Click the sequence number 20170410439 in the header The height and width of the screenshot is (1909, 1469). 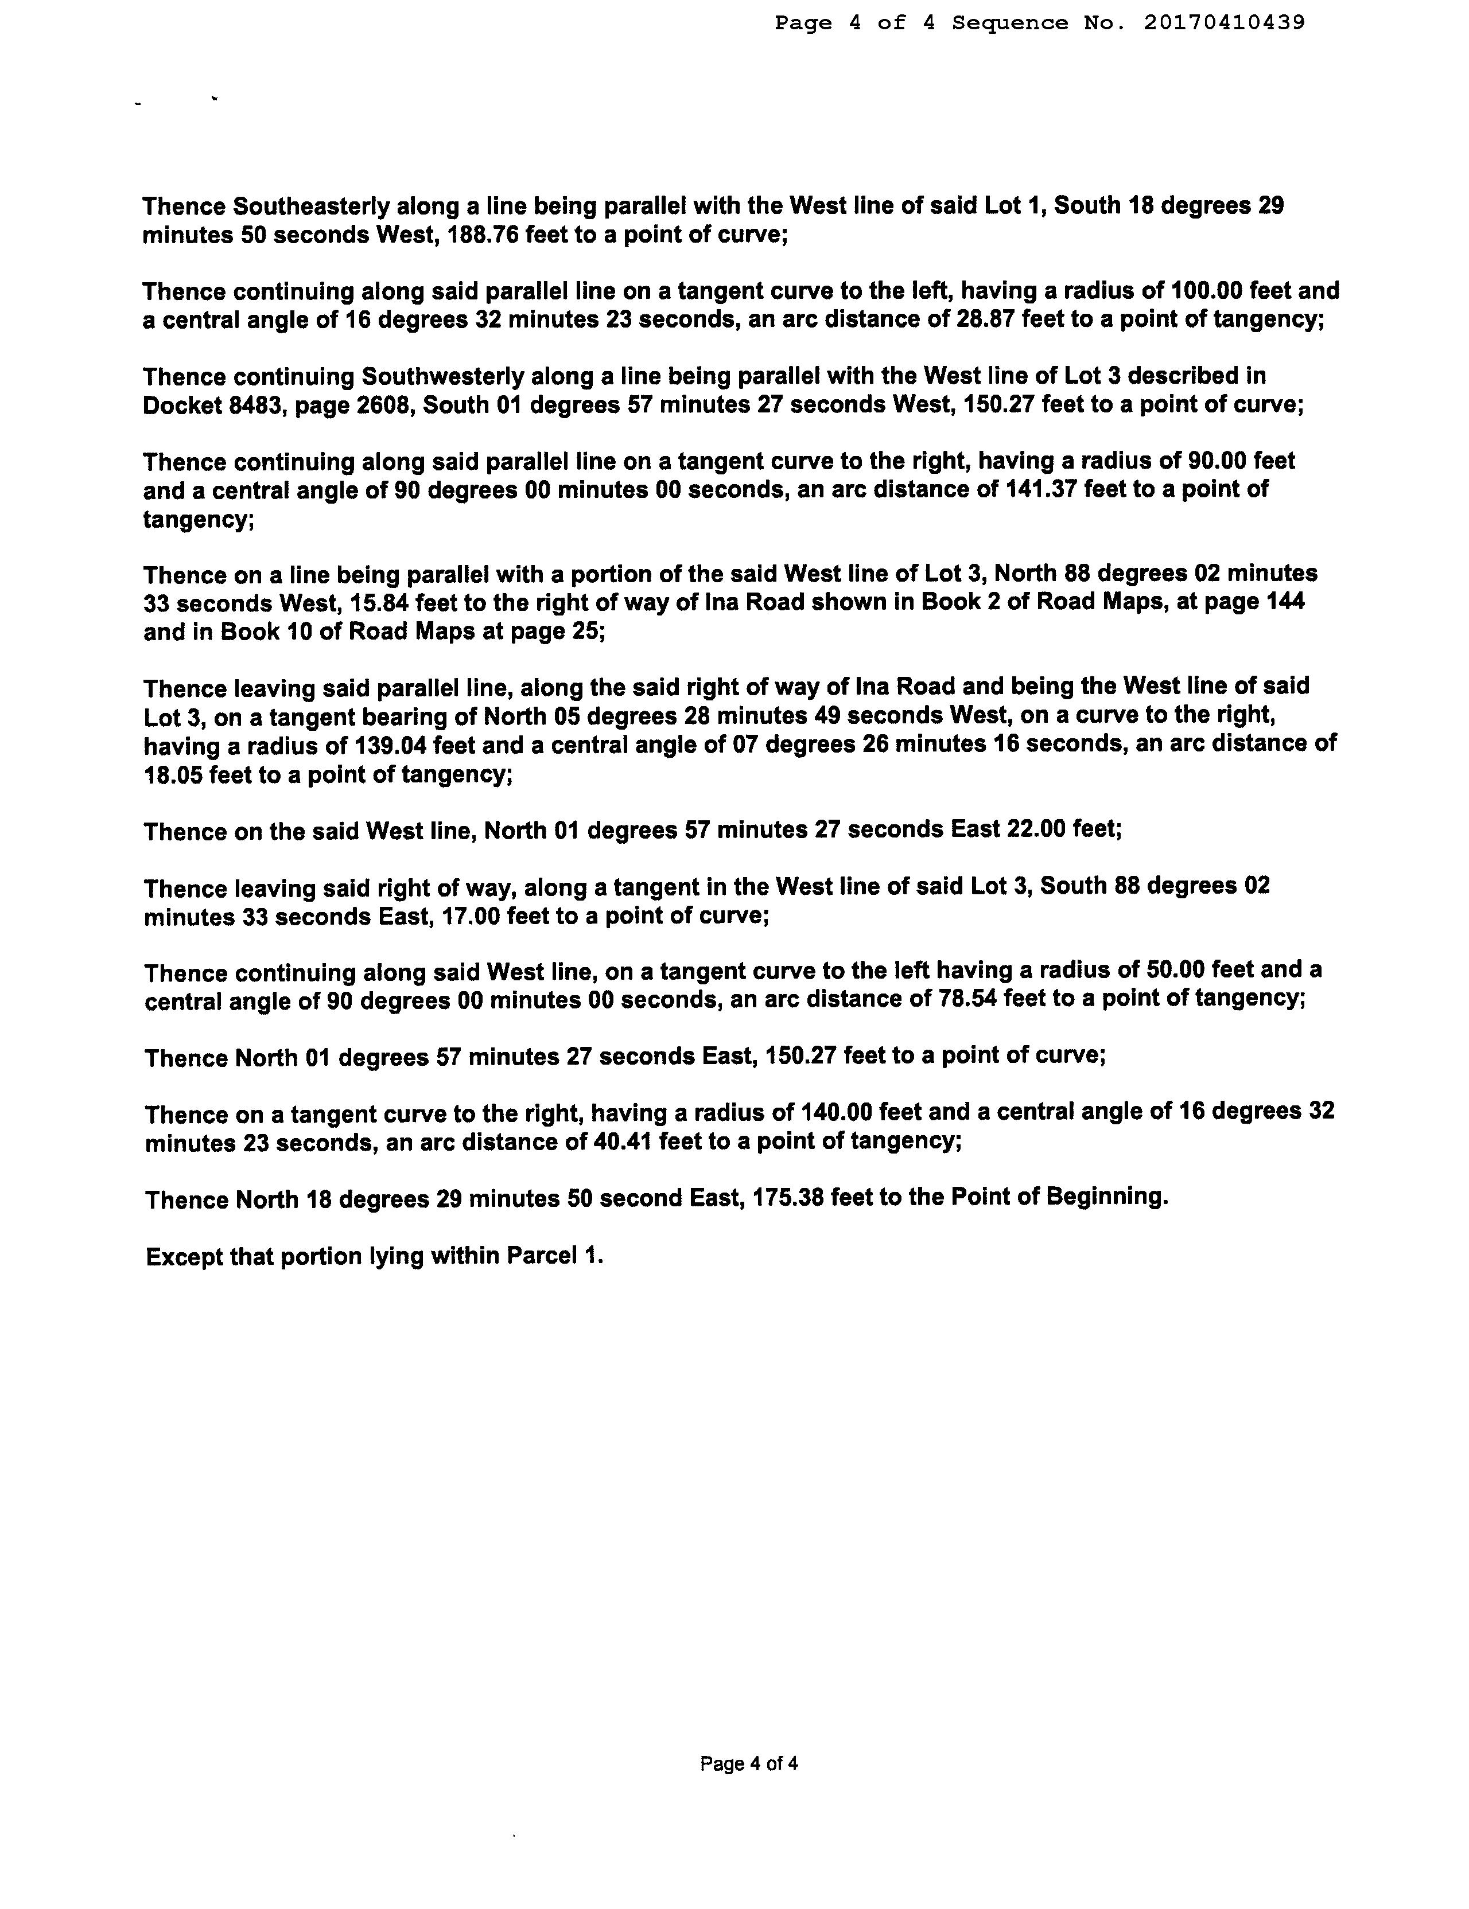pyautogui.click(x=1223, y=23)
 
